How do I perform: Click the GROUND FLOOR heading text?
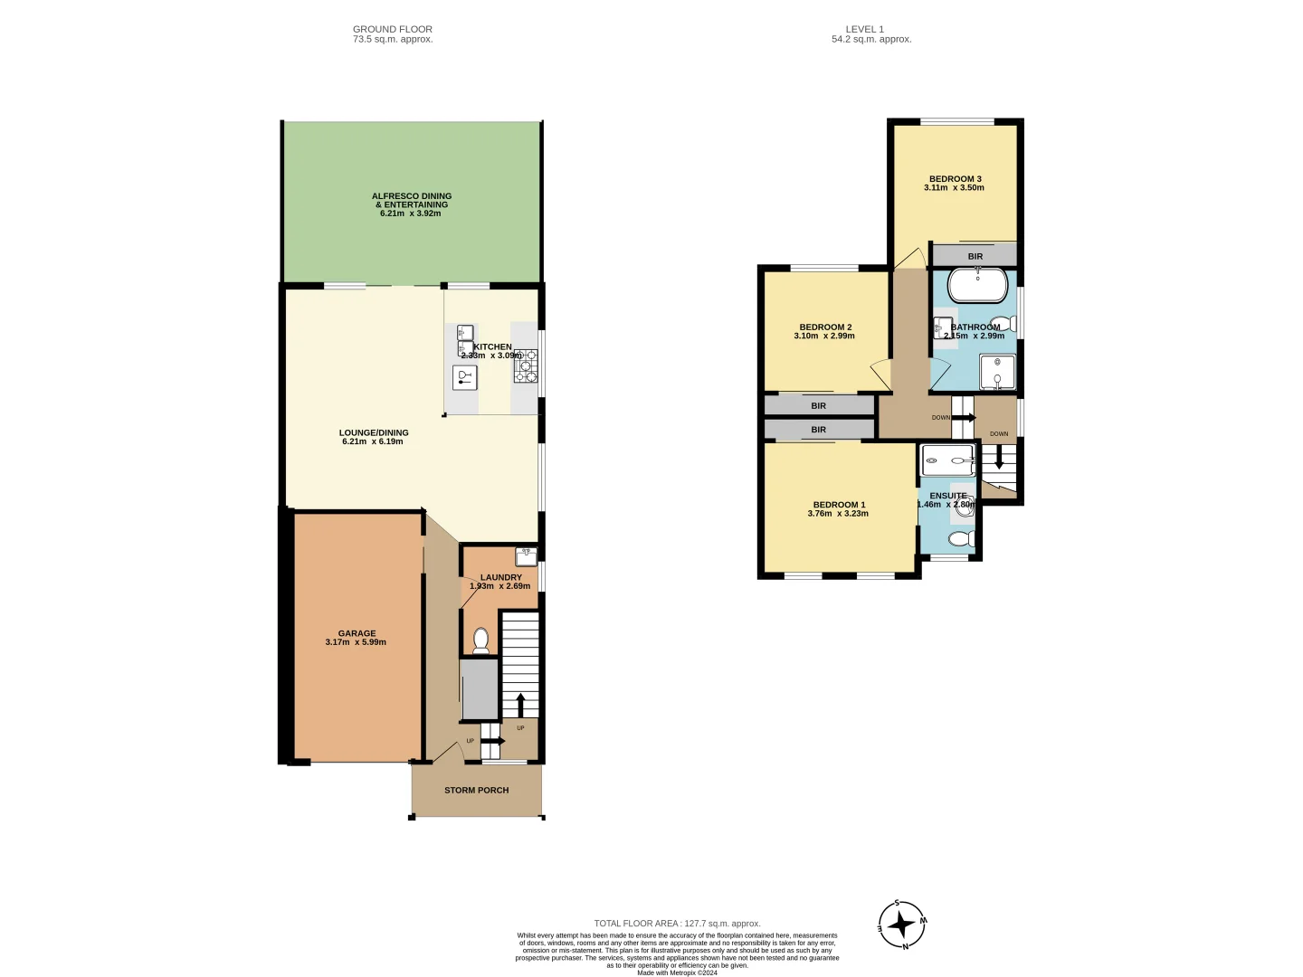point(393,29)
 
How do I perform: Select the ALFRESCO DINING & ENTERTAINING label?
point(411,200)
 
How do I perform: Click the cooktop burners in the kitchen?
point(526,366)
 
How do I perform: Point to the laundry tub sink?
point(526,555)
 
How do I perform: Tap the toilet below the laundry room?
point(480,640)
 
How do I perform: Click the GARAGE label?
point(357,633)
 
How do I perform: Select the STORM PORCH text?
point(476,790)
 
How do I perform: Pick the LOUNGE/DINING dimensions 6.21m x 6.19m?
point(373,441)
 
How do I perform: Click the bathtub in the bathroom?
point(977,285)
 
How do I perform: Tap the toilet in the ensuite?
point(961,540)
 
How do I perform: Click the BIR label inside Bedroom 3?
point(975,256)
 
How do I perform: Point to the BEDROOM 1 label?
point(839,505)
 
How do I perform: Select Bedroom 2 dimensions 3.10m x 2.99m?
point(824,336)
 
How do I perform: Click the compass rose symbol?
point(901,925)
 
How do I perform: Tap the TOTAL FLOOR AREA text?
point(677,924)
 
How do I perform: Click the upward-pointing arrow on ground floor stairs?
point(520,704)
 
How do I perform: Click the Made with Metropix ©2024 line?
point(677,972)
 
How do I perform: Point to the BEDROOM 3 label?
point(955,179)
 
